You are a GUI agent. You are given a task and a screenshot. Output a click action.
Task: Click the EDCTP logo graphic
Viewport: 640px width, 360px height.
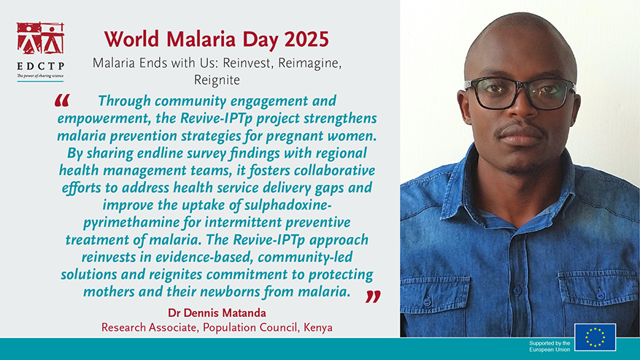click(x=40, y=38)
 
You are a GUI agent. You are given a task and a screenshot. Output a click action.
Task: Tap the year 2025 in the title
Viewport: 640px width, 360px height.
click(x=306, y=39)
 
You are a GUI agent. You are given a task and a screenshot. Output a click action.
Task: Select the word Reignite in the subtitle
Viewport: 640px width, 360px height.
click(x=217, y=80)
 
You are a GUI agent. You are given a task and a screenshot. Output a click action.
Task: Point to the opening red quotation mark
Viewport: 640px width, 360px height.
click(x=62, y=101)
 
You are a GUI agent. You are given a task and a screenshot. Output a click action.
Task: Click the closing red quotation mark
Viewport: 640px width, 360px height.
click(x=373, y=296)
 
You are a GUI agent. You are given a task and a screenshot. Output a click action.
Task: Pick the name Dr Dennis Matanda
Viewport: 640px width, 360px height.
click(x=217, y=313)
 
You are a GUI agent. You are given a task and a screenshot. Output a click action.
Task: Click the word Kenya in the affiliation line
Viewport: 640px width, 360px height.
click(x=318, y=328)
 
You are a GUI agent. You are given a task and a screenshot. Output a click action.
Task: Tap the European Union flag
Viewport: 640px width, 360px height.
click(x=595, y=337)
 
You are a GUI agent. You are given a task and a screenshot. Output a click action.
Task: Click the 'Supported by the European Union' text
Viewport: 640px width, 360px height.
click(x=550, y=346)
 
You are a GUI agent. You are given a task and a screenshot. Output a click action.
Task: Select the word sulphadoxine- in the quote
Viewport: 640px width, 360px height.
click(x=287, y=205)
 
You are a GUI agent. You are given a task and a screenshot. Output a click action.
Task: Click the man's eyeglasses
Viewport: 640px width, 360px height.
click(x=519, y=92)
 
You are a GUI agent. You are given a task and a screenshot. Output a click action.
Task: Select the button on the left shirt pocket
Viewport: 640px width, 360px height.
click(x=427, y=302)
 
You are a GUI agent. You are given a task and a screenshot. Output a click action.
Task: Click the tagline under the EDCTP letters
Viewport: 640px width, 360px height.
click(x=40, y=76)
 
